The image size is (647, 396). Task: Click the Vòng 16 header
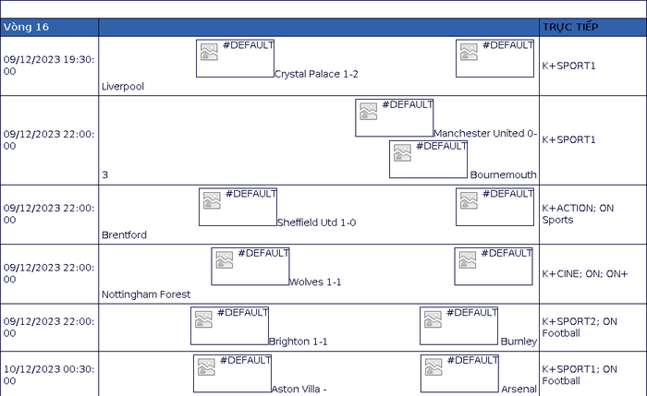(x=26, y=27)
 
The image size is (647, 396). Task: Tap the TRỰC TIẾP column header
(x=570, y=27)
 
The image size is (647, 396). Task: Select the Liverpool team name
(x=123, y=87)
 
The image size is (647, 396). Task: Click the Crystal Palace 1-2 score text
(x=316, y=74)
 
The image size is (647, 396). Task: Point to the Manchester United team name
(x=479, y=134)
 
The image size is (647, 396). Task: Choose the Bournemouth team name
(x=504, y=174)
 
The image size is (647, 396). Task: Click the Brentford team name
(x=124, y=234)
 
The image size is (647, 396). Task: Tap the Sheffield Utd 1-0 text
(x=316, y=222)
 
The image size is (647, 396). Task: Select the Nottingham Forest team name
(x=146, y=294)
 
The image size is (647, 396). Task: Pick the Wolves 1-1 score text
(x=315, y=282)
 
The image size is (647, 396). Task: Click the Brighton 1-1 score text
(x=298, y=342)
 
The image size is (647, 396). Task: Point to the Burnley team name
(x=519, y=342)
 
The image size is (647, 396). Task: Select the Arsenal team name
(x=519, y=389)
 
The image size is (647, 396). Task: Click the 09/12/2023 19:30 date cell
(x=49, y=66)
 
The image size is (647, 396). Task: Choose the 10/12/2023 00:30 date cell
(x=49, y=375)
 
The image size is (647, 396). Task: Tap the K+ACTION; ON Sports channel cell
(x=578, y=214)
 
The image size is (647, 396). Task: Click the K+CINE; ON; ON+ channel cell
(x=585, y=273)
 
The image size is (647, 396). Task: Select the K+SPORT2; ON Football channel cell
(x=580, y=327)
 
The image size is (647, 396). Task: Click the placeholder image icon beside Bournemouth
(x=402, y=152)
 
